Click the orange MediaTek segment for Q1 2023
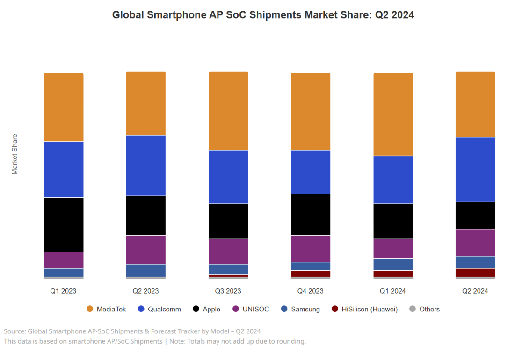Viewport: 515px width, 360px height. pos(64,107)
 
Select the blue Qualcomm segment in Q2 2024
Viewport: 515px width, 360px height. pos(475,169)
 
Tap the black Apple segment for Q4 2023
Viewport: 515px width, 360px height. pos(311,214)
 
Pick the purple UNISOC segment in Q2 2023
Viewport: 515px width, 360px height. pos(146,250)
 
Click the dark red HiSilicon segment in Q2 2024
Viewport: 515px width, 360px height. pos(475,273)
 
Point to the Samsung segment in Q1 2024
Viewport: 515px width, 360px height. pos(393,264)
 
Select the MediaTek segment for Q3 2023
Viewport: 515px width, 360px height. pos(228,111)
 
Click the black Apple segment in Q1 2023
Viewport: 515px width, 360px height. pos(64,224)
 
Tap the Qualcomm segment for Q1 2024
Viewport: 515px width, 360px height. pos(393,180)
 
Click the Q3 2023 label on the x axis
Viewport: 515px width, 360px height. pos(228,291)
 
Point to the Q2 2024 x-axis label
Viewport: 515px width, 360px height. pos(475,291)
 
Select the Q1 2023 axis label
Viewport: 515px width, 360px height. pos(64,291)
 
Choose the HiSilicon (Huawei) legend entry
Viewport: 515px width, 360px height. pos(364,309)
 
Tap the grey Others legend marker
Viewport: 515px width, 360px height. pos(413,309)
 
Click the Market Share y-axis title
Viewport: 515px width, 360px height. pos(15,154)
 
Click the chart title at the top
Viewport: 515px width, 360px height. pos(263,15)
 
